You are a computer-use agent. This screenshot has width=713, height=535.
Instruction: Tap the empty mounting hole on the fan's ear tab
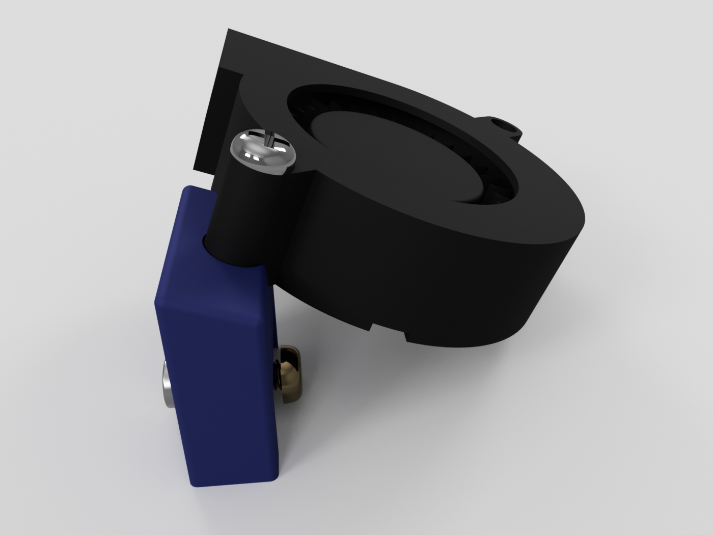point(504,124)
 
